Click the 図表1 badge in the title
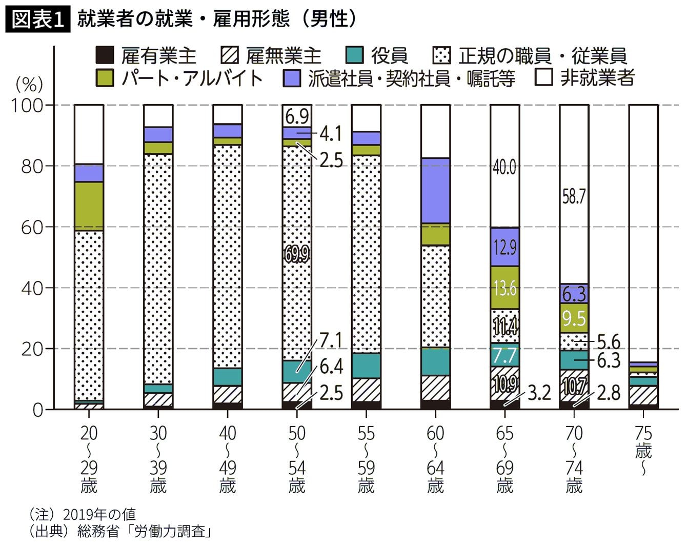[x=37, y=20]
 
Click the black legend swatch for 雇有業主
[x=104, y=55]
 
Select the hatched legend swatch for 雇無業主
[x=229, y=55]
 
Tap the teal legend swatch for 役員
[x=355, y=55]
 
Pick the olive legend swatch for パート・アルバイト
[x=104, y=78]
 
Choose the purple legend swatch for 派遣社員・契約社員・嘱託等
[x=292, y=78]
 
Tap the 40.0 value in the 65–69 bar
[x=504, y=167]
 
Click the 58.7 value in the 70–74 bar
[x=574, y=196]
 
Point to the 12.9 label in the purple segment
[x=504, y=248]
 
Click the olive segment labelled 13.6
[x=504, y=288]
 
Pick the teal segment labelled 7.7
[x=504, y=355]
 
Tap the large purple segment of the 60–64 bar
[x=435, y=191]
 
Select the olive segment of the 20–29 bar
[x=89, y=206]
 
